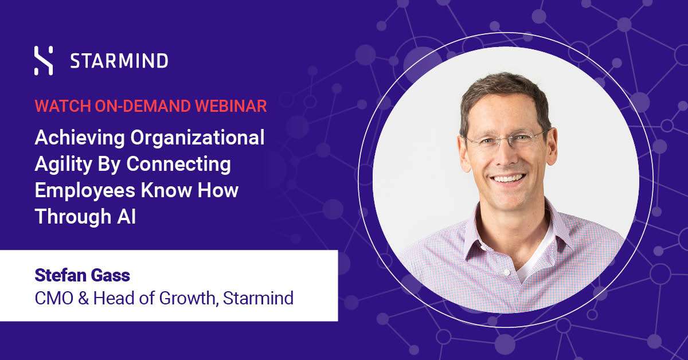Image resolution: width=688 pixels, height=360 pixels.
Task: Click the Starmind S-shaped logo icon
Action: [44, 61]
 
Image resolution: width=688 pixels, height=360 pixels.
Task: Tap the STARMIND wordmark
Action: [119, 61]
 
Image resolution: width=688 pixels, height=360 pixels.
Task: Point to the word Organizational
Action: [197, 138]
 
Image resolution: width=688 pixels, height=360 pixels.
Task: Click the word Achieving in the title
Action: [80, 138]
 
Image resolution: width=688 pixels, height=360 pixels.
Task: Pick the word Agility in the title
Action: [63, 165]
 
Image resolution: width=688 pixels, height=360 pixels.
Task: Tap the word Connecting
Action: [178, 165]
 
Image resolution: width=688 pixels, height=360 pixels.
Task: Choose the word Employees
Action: [85, 191]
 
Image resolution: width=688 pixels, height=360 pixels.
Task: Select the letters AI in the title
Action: [126, 216]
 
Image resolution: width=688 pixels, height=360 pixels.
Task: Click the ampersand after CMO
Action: [83, 298]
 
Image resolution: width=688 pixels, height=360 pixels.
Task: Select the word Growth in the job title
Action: [187, 299]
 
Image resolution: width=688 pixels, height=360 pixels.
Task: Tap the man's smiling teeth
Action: [508, 178]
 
